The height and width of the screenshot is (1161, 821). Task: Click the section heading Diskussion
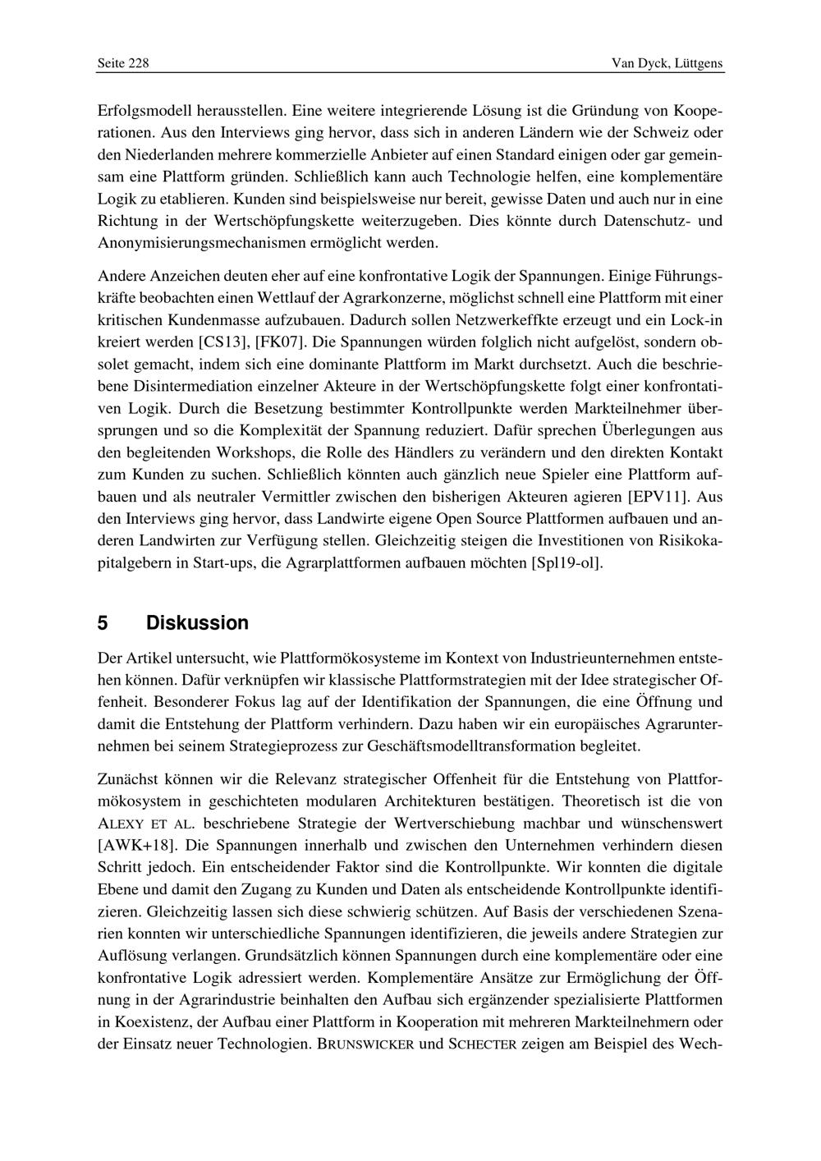click(x=197, y=623)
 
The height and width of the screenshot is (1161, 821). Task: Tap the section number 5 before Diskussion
click(x=103, y=623)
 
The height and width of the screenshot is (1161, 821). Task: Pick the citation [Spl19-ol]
click(x=567, y=563)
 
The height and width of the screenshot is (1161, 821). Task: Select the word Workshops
click(x=250, y=452)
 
